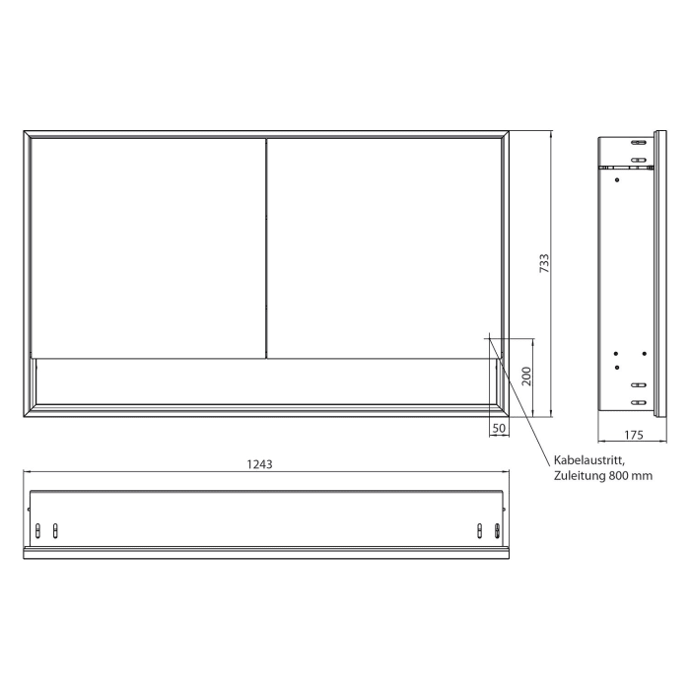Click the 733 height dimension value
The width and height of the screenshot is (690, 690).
coord(543,263)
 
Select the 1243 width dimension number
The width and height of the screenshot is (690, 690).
coord(261,462)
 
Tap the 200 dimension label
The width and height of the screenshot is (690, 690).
coord(526,376)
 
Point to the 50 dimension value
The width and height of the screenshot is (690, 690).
coord(499,429)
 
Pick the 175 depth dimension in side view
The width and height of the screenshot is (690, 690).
coord(633,434)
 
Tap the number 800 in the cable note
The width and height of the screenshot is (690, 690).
coord(622,477)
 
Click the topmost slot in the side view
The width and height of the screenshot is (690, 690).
coord(639,144)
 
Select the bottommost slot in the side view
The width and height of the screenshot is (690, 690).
coord(638,402)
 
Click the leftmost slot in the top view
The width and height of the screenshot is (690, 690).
coord(39,530)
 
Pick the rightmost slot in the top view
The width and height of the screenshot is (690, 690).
coord(497,530)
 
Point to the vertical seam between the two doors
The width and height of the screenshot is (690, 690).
coord(266,246)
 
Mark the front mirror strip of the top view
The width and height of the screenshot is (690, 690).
coord(266,551)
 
